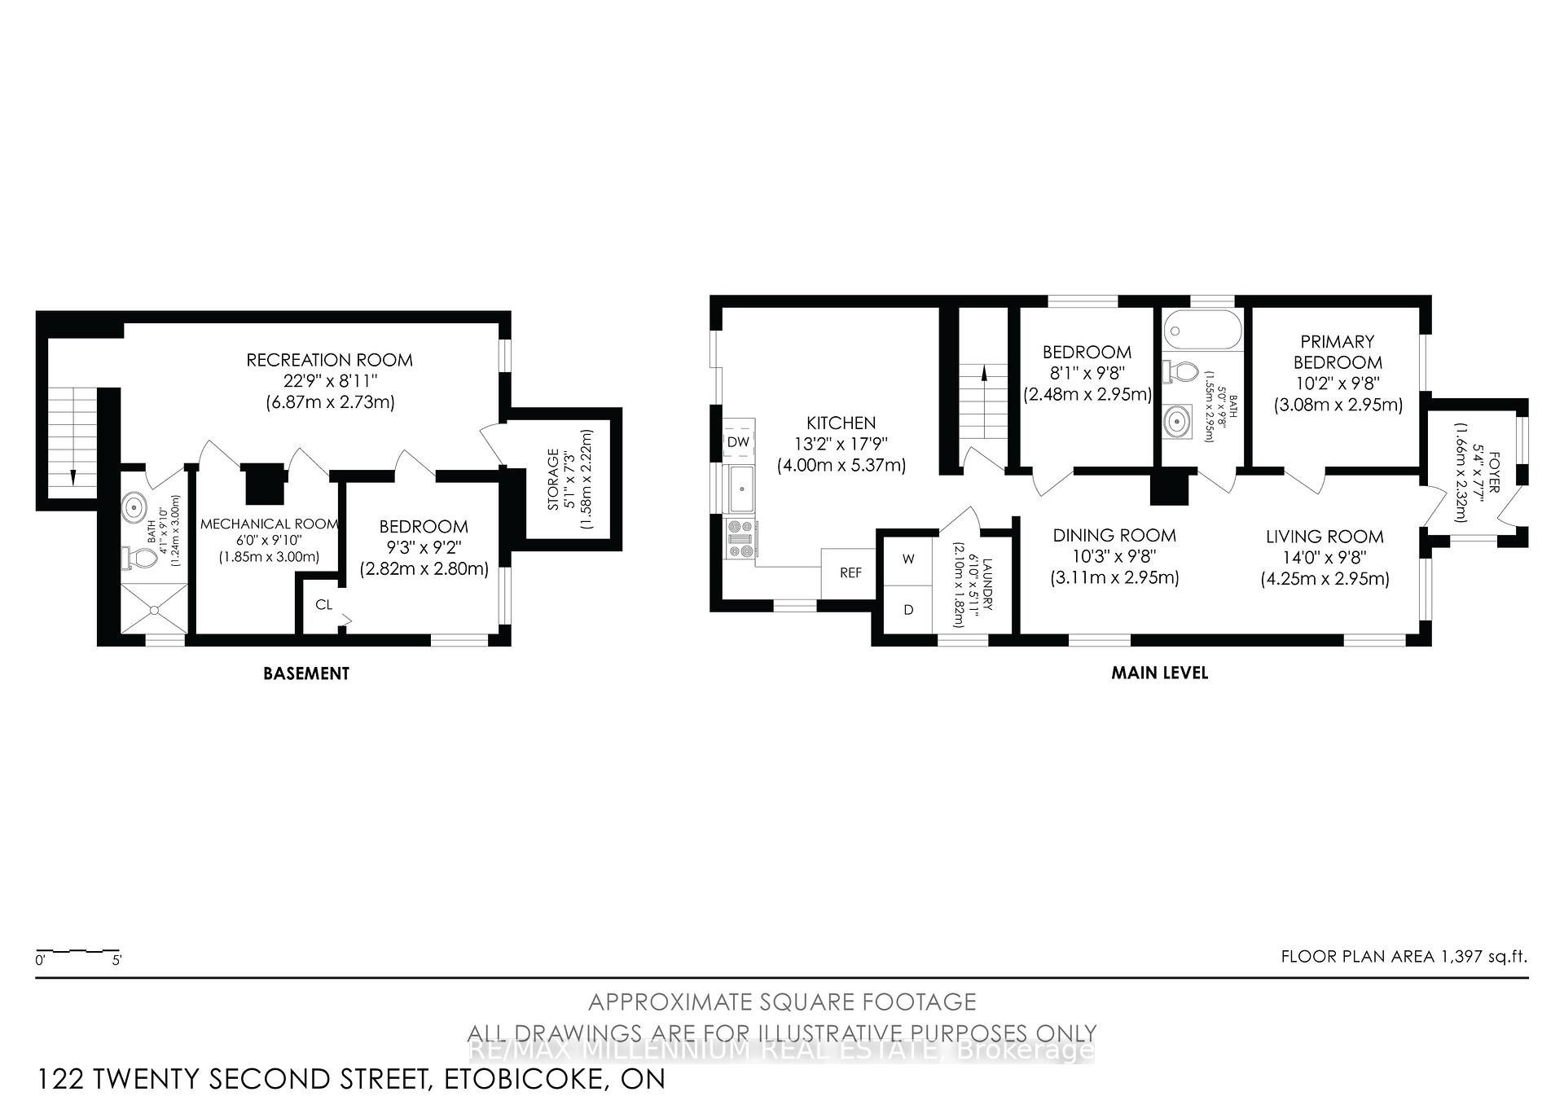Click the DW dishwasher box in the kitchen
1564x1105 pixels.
[x=738, y=442]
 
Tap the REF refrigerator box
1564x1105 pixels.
[x=850, y=573]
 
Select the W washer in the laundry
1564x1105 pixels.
[x=908, y=559]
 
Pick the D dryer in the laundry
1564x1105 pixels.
[x=908, y=610]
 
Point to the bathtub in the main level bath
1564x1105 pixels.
[x=1202, y=331]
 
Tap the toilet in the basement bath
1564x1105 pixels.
[x=141, y=559]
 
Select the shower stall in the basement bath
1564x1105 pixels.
[x=153, y=609]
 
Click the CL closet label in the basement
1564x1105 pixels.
[x=324, y=604]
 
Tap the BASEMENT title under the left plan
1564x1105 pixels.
[x=305, y=673]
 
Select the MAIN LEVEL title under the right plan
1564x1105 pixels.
[x=1159, y=673]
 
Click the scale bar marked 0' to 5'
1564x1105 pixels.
[x=78, y=951]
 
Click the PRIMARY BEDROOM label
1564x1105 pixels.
[x=1337, y=352]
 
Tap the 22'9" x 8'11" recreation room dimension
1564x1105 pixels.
[x=329, y=380]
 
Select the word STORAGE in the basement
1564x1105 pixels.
[x=553, y=480]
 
